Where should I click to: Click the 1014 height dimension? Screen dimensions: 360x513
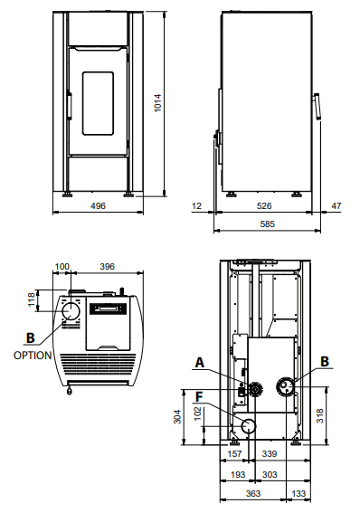pos(157,103)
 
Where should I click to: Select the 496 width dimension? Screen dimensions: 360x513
pos(98,205)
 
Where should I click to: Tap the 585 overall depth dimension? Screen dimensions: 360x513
pos(268,224)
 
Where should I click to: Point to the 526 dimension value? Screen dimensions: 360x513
pos(264,205)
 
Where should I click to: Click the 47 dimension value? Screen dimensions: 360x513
pos(336,205)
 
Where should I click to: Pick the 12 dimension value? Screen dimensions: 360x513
pos(197,205)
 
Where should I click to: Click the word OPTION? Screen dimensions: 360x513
pos(33,355)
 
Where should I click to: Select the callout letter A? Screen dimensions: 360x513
pos(200,363)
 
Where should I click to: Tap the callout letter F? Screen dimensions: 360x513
pos(199,397)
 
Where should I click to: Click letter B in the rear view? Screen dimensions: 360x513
pos(325,362)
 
